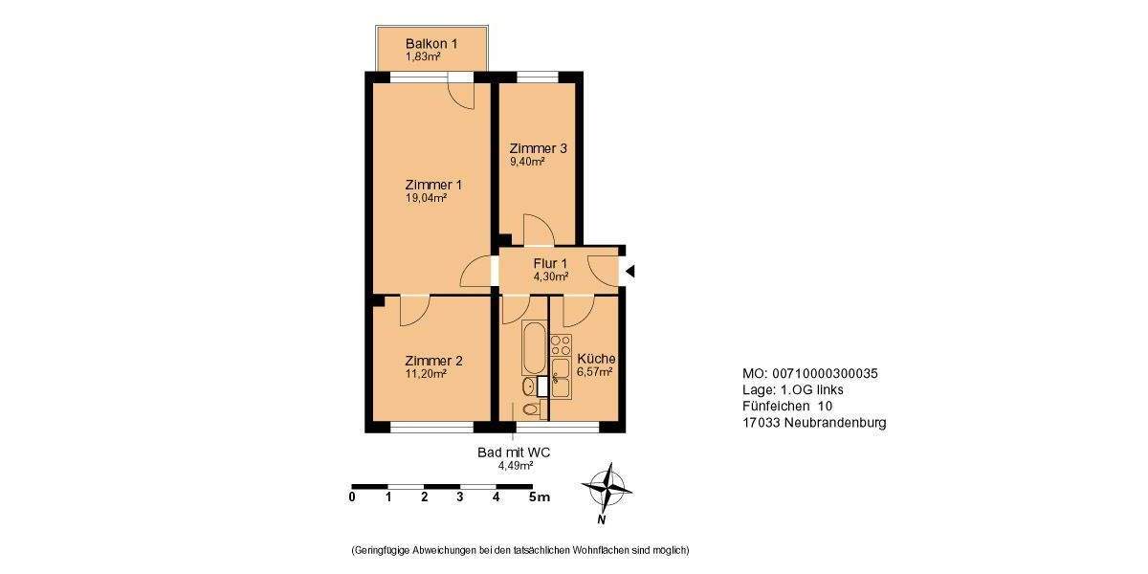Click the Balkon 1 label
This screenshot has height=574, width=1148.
430,44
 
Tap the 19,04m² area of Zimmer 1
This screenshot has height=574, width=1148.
427,199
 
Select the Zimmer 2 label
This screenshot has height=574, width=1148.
433,361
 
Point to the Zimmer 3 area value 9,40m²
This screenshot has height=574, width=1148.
527,163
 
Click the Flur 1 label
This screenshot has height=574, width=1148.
550,263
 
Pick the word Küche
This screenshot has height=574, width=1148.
595,359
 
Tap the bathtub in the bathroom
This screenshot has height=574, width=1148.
533,348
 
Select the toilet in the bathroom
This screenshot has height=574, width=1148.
532,410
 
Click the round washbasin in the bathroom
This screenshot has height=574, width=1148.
528,386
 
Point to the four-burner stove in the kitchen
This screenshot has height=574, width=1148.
561,345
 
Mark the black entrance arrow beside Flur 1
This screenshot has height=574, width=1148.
629,272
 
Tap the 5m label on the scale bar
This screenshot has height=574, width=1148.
541,497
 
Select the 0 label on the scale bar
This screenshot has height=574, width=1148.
352,497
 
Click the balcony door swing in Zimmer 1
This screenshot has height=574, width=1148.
461,96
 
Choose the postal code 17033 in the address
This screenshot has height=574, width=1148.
762,422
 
